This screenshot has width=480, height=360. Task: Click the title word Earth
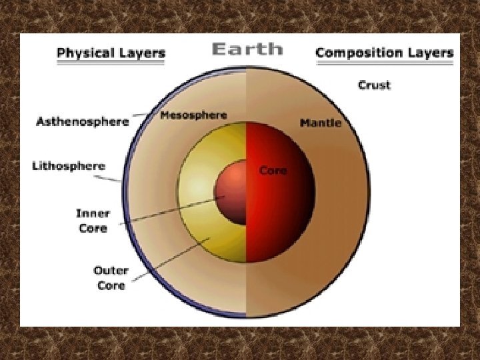[247, 49]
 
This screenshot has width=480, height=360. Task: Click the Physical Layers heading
[111, 52]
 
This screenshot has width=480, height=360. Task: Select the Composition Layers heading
[385, 52]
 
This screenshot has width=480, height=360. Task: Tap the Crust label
[374, 85]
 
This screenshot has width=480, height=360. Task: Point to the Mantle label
[321, 123]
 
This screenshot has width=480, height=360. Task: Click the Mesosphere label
[193, 115]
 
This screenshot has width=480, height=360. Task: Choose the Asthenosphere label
[83, 122]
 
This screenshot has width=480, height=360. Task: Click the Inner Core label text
[92, 221]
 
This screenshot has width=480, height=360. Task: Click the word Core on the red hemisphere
[273, 171]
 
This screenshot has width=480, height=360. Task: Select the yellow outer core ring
[200, 227]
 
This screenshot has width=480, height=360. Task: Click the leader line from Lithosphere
[111, 175]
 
